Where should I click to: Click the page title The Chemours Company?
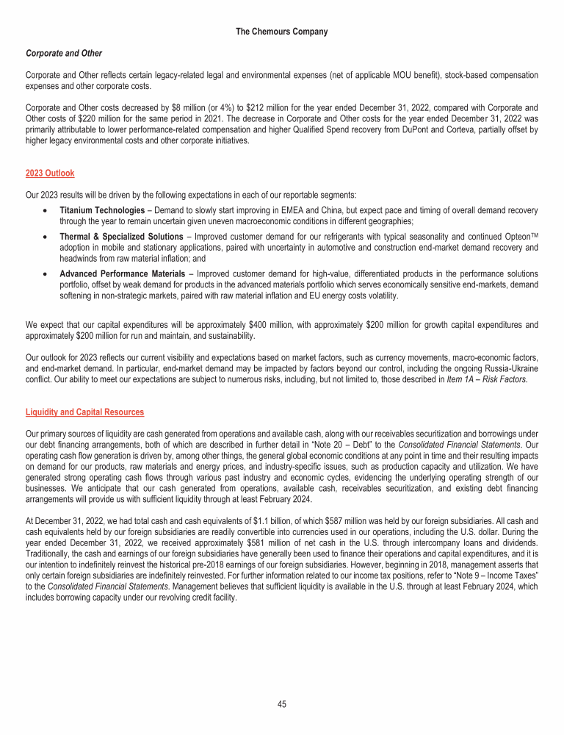click(282, 32)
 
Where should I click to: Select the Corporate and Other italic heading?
click(63, 54)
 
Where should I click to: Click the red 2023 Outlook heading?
click(50, 173)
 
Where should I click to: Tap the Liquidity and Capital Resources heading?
click(84, 412)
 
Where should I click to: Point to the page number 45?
click(282, 703)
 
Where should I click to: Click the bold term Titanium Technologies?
click(102, 210)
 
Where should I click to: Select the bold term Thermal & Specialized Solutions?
click(121, 236)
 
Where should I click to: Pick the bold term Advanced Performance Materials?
click(122, 273)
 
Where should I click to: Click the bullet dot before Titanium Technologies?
click(46, 211)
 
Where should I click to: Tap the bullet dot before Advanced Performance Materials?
click(46, 274)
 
